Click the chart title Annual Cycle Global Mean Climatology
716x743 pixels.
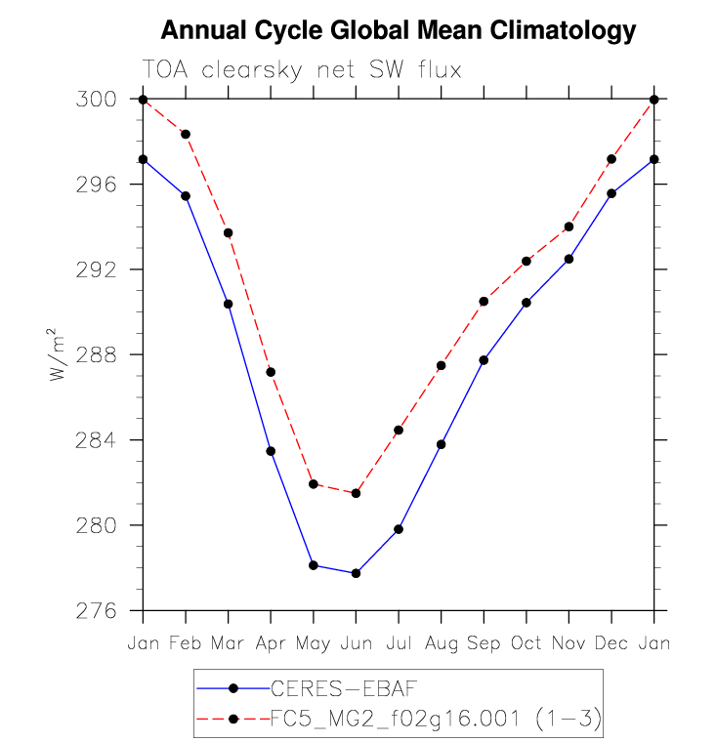[398, 31]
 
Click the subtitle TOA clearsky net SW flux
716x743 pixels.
[301, 70]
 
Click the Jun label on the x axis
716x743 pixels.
[356, 644]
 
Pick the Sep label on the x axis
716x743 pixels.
[484, 644]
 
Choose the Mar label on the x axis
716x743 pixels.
[229, 644]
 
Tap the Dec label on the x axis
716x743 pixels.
[611, 644]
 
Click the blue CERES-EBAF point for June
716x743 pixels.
[356, 573]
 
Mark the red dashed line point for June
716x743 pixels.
[356, 493]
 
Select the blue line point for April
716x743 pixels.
[271, 451]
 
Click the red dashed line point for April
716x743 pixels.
[271, 372]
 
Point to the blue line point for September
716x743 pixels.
[484, 360]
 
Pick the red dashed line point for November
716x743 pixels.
[569, 227]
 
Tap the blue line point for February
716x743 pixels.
[186, 196]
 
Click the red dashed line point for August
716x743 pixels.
[441, 366]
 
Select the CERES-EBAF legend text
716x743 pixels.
[316, 689]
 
